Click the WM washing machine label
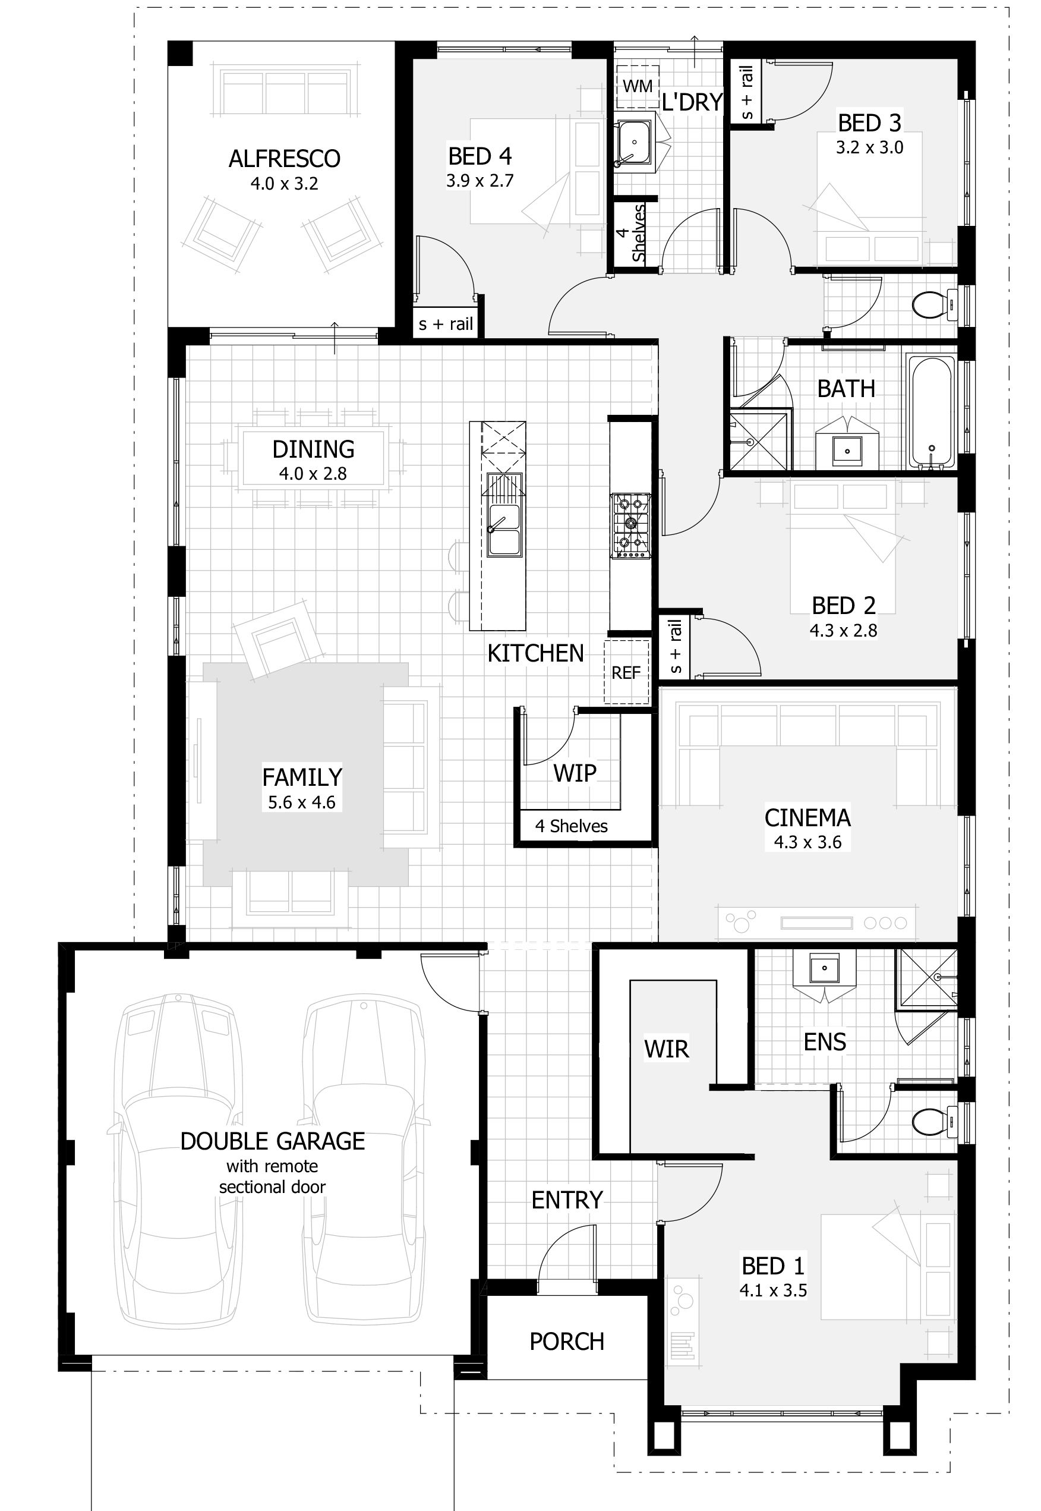(637, 86)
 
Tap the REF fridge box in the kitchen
(626, 672)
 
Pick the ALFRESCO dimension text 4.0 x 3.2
(285, 184)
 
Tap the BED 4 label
(480, 156)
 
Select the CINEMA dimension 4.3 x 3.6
(807, 842)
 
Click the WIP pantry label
(575, 773)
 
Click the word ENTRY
(567, 1200)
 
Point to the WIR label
(666, 1049)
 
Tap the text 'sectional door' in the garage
(272, 1187)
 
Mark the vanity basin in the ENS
(825, 968)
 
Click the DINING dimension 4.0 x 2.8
(313, 474)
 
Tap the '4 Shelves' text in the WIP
(572, 826)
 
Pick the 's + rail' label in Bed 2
(675, 647)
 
